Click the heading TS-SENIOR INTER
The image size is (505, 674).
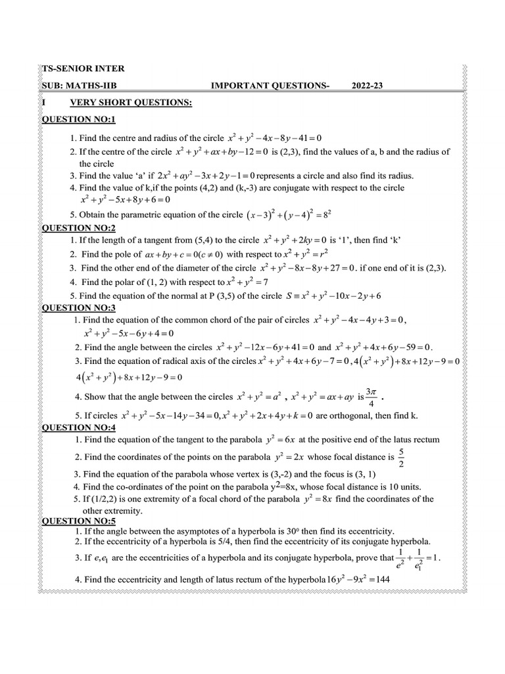pyautogui.click(x=83, y=68)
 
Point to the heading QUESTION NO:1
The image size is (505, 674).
pyautogui.click(x=79, y=119)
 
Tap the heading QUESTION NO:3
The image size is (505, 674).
pyautogui.click(x=79, y=307)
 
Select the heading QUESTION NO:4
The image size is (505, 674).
pyautogui.click(x=79, y=427)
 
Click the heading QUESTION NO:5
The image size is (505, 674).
pyautogui.click(x=79, y=521)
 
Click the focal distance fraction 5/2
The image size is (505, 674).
pyautogui.click(x=401, y=457)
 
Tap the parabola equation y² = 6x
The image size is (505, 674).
pyautogui.click(x=276, y=440)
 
